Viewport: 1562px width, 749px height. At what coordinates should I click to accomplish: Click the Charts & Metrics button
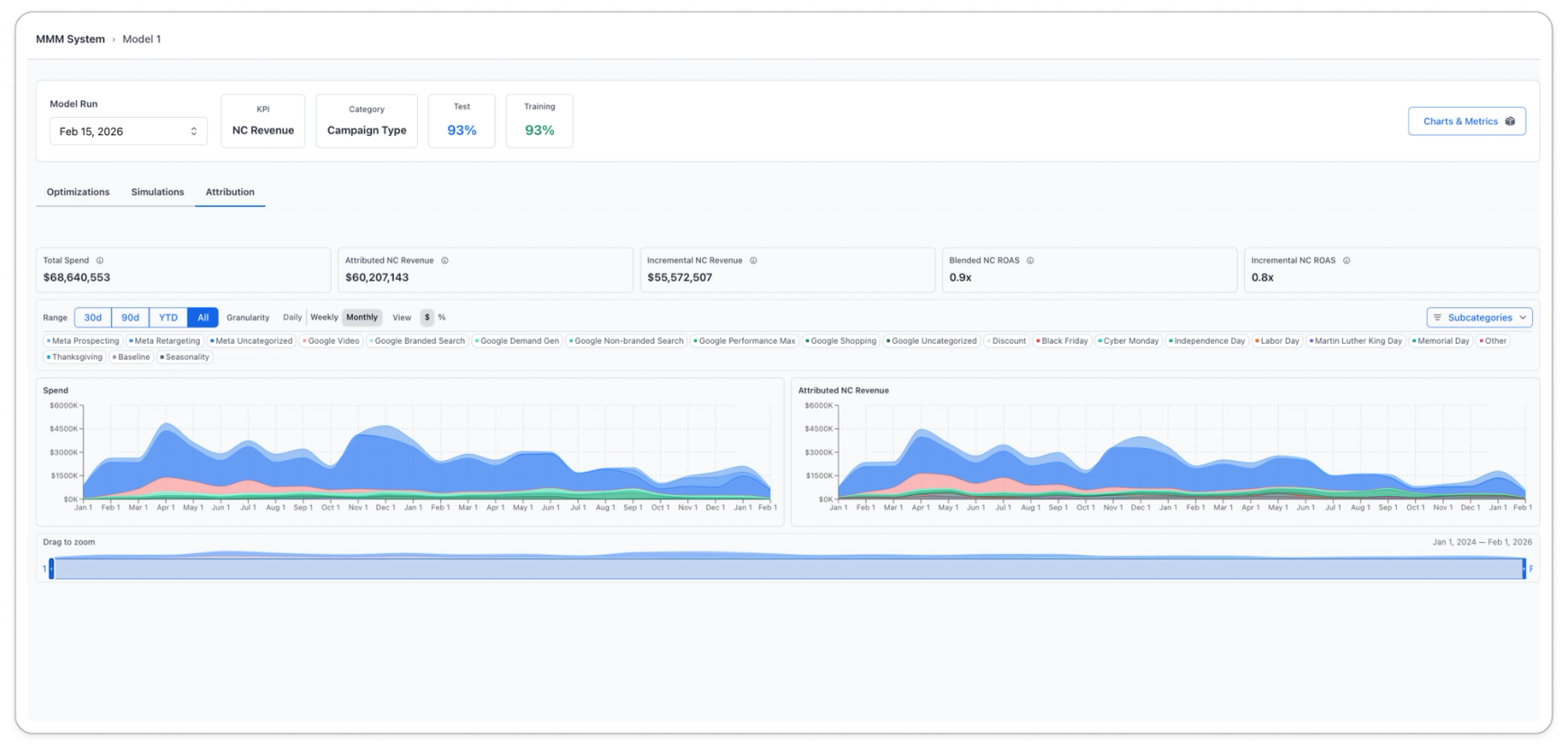[1467, 122]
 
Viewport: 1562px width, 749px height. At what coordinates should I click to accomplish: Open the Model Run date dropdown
[128, 131]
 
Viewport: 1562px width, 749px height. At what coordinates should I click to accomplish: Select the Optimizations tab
[78, 192]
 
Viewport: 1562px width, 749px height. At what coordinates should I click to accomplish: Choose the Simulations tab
[158, 192]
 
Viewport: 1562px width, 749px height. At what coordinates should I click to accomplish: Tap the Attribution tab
[230, 192]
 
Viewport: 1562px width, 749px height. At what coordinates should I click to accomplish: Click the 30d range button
[93, 318]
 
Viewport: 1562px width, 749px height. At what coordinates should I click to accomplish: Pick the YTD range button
[168, 318]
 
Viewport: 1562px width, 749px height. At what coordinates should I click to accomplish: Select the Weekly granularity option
[324, 318]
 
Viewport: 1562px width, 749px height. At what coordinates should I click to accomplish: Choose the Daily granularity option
[293, 318]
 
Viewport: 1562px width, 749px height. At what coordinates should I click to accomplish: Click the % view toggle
[441, 318]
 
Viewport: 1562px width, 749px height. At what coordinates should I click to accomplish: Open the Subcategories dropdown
[1479, 318]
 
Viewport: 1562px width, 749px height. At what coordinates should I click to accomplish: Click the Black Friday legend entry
[1062, 341]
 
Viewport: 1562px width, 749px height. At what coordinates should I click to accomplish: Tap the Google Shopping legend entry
[840, 341]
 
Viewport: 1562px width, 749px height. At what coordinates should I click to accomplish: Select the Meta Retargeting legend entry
[164, 341]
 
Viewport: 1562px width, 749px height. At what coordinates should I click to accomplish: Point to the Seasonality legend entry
[185, 357]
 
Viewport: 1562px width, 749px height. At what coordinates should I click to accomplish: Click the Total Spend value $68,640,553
[77, 277]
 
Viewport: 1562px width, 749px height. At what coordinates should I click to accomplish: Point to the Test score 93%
[462, 131]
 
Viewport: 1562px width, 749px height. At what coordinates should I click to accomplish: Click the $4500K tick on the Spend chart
[64, 429]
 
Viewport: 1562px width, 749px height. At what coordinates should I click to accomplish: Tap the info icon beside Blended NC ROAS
[1031, 261]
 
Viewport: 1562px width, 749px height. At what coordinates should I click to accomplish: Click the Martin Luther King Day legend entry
[1356, 341]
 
